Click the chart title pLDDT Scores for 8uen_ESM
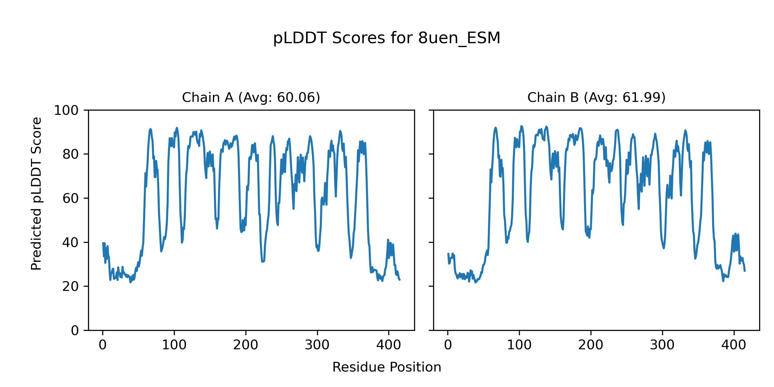coord(387,38)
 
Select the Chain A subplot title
coord(251,97)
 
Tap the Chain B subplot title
coord(596,97)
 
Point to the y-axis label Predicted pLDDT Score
coord(36,193)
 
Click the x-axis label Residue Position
coord(387,367)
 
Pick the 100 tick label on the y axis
coord(66,111)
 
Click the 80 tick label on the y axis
coord(71,154)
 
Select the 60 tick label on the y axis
coord(71,199)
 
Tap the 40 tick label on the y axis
coord(71,243)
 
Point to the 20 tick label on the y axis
coord(71,287)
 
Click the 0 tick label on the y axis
coord(75,331)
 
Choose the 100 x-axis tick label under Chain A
coord(174,345)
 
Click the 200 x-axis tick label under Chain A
coord(246,345)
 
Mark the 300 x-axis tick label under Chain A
coord(317,345)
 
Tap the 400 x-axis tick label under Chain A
coord(389,345)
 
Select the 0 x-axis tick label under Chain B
coord(448,345)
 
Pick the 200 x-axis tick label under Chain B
coord(591,345)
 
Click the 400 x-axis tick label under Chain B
coord(734,345)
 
